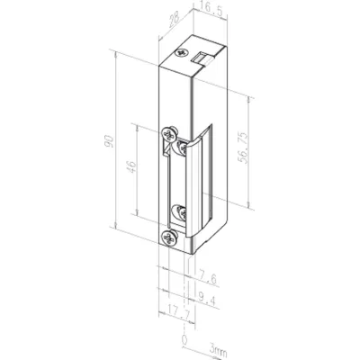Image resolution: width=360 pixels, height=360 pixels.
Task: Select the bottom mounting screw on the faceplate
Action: click(170, 238)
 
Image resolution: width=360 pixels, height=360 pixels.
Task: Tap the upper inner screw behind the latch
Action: click(183, 142)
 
